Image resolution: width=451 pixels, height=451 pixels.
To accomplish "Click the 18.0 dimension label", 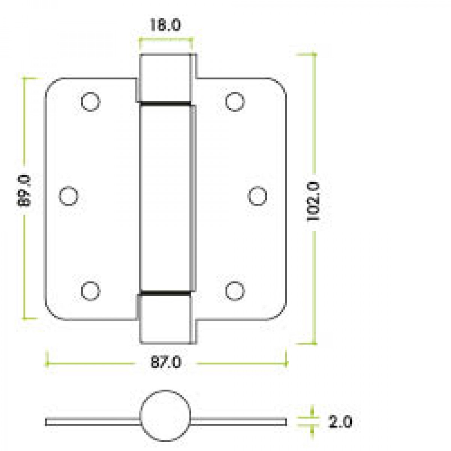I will click(165, 26).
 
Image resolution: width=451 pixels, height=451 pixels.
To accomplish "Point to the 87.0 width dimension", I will click(166, 363).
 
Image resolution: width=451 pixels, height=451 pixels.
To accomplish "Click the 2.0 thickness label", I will click(340, 422).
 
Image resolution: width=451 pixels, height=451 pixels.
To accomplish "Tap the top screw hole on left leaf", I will click(91, 101).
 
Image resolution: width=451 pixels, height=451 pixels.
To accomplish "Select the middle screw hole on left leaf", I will click(69, 196).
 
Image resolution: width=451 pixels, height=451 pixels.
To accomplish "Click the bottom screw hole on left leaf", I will click(91, 291).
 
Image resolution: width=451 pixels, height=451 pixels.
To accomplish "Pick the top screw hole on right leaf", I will click(235, 101).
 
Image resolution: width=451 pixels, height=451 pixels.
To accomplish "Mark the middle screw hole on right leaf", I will click(258, 196).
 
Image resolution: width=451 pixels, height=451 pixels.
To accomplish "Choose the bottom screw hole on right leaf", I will click(235, 291).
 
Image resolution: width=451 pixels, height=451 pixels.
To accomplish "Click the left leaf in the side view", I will click(92, 422).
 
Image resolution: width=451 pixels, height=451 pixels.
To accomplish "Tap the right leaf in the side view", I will click(239, 422).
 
